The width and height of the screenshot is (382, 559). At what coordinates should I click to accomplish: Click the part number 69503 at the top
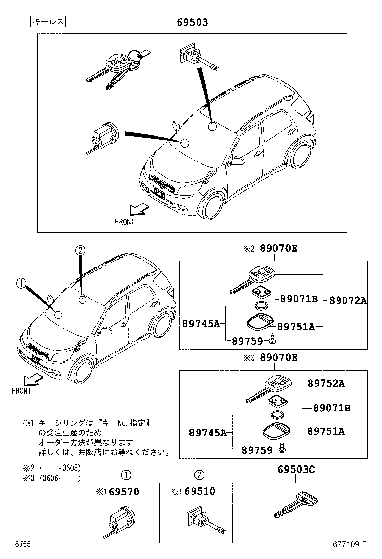(192, 23)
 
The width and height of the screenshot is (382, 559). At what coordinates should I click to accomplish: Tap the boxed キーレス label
(48, 21)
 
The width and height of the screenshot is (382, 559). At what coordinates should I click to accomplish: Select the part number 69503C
(296, 470)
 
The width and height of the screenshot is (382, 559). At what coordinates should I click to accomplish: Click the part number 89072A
(348, 301)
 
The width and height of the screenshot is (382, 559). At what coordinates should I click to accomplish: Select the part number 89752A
(326, 384)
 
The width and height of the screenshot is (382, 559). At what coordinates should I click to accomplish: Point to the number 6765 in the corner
(23, 544)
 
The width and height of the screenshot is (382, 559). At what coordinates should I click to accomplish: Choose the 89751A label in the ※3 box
(326, 431)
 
